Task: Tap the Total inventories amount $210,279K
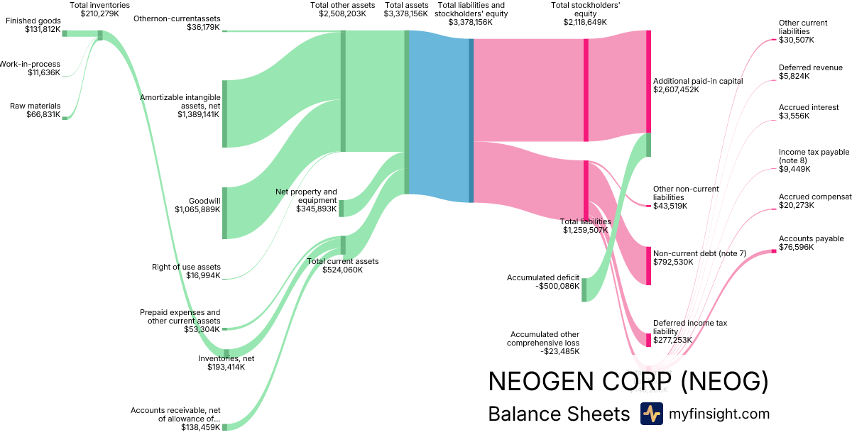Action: [x=99, y=13]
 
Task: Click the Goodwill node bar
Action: [x=225, y=213]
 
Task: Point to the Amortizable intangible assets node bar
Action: [x=225, y=114]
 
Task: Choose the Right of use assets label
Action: [x=186, y=267]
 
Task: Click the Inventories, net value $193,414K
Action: [x=226, y=368]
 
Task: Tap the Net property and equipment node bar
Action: [x=342, y=208]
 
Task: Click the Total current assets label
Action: [x=342, y=261]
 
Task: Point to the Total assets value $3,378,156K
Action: [x=406, y=13]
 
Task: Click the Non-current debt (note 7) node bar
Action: [x=648, y=266]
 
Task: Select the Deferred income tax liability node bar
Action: [x=648, y=339]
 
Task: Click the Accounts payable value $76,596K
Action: [x=796, y=248]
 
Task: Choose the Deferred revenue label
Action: [x=810, y=67]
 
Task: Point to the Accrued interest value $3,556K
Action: [x=794, y=116]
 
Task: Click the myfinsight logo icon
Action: [x=651, y=414]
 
